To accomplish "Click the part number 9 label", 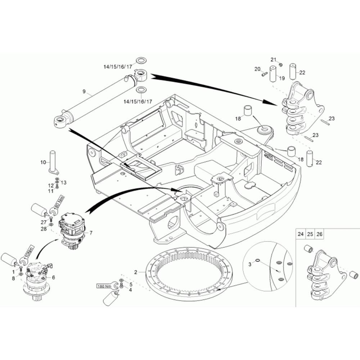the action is click(84, 91).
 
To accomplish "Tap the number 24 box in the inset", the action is click(301, 234).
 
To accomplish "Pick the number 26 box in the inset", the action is click(319, 234).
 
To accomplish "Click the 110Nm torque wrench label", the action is click(29, 253).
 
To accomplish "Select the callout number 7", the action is click(91, 233).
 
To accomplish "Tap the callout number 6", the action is click(54, 277).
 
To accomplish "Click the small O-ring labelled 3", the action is click(258, 261).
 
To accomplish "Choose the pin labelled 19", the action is click(273, 74).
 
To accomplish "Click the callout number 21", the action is click(273, 60).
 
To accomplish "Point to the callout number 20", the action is click(257, 69).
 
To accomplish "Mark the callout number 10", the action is click(43, 162).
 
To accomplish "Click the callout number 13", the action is click(64, 183).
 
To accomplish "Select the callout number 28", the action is click(44, 229).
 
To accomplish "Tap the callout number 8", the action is click(13, 278).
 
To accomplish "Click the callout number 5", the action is click(131, 284).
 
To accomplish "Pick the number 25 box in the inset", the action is click(310, 234).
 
